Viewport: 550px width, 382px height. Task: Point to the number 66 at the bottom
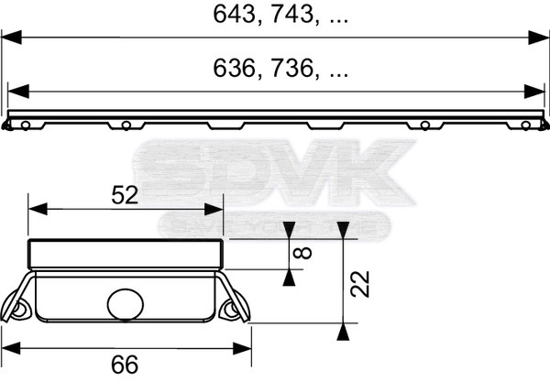coord(126,364)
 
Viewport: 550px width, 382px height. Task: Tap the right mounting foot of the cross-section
coord(233,309)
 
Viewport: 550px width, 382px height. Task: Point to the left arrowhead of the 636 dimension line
coord(16,92)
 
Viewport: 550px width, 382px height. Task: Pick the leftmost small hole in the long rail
coord(28,124)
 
